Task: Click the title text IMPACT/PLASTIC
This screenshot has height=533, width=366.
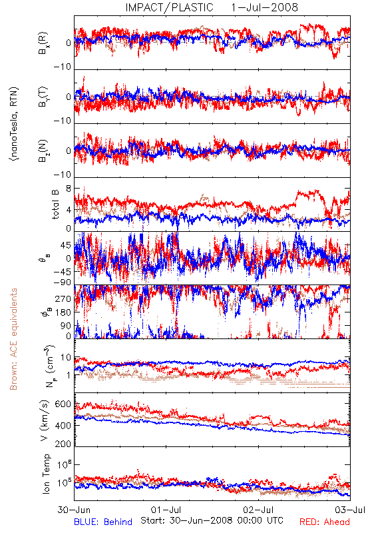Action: pos(169,7)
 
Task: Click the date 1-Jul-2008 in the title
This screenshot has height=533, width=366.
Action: pos(264,7)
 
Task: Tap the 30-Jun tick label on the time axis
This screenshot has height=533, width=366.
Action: pos(74,510)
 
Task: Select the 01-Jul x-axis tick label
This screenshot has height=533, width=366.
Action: pos(166,510)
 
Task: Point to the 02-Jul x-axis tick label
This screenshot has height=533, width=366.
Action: pos(258,510)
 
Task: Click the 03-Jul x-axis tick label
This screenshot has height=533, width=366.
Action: pos(350,510)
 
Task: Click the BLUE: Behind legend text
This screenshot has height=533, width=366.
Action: pos(103,522)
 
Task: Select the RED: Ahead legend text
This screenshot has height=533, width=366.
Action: pos(324,522)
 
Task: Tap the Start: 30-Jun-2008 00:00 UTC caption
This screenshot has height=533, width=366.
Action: pos(212,520)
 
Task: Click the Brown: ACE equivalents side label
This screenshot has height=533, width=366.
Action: pos(13,339)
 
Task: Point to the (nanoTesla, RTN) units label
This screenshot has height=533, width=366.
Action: pos(14,124)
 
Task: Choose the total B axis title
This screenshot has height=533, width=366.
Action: pos(55,205)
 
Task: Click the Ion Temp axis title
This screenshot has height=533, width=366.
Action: pos(46,474)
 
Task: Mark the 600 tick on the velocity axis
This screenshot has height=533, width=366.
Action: pos(63,404)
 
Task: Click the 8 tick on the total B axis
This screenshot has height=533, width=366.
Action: pos(69,189)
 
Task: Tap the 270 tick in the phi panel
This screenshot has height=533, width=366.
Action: pos(63,298)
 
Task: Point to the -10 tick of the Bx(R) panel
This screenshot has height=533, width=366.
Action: pos(62,67)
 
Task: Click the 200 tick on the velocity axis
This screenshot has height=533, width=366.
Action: pos(63,444)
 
